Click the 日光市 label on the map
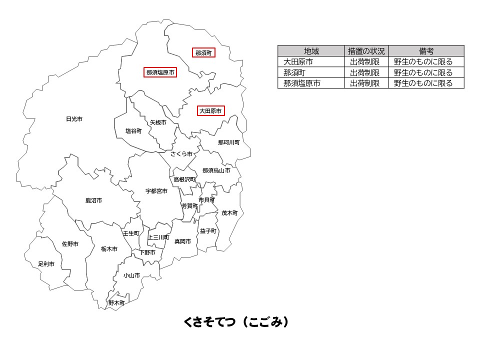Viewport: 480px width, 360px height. [74, 119]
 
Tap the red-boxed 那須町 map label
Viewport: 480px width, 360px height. [203, 52]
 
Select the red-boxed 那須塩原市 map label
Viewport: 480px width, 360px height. [160, 72]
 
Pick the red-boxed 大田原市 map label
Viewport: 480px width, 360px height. [210, 111]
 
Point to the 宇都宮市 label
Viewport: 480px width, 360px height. [156, 191]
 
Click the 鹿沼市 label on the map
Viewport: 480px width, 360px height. [93, 200]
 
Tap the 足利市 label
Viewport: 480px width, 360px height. [46, 263]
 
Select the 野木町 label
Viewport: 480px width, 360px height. [116, 303]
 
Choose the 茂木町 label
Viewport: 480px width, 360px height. [229, 213]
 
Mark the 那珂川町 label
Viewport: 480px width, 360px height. [228, 142]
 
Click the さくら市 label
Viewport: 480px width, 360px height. [181, 154]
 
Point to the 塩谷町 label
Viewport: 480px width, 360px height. [133, 131]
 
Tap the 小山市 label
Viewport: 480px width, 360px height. [131, 275]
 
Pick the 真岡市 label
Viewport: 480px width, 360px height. [182, 241]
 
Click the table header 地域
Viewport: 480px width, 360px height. [311, 51]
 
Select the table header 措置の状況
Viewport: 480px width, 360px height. [366, 51]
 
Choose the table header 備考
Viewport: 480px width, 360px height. [426, 51]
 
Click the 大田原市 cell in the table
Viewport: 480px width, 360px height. [298, 62]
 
